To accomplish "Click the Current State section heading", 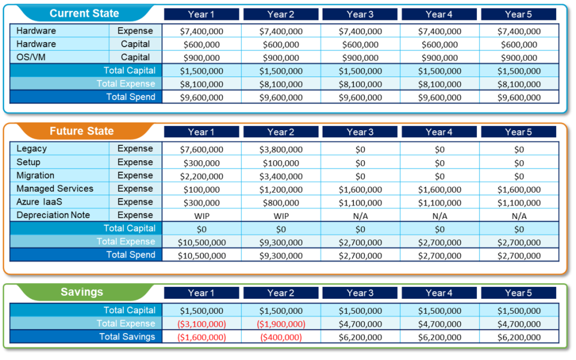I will coord(84,14).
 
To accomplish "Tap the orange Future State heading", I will coord(82,131).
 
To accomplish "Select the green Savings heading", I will coord(82,292).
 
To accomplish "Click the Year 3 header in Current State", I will coord(360,14).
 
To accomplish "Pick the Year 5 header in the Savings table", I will coord(518,293).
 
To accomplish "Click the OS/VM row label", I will coord(31,57).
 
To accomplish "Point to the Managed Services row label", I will coord(55,188).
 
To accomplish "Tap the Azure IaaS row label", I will coord(39,202).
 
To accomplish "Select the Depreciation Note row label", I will coord(53,215).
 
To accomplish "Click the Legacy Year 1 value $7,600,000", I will coord(202,149).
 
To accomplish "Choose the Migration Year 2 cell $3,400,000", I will coord(281,176).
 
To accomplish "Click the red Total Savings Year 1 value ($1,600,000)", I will coord(202,337).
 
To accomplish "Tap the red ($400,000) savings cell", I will coord(281,337).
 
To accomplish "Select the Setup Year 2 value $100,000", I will coord(281,163).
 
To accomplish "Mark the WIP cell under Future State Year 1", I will coord(202,216).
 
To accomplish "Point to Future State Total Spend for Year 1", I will coord(202,256).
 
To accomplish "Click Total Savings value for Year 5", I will coord(518,337).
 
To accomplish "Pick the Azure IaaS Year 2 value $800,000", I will coord(281,203).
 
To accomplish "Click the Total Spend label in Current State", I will coord(130,97).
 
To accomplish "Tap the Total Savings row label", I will coord(127,337).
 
